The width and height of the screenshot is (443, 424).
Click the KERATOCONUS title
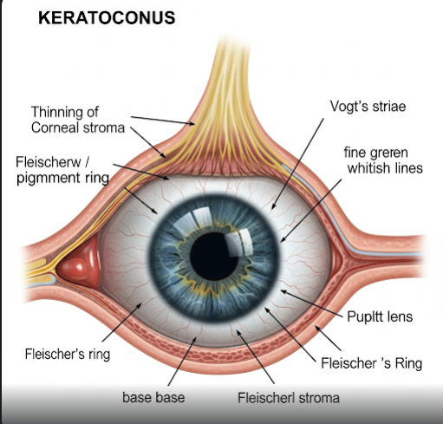107,17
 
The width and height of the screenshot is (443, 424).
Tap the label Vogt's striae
368,107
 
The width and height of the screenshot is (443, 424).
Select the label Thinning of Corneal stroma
78,120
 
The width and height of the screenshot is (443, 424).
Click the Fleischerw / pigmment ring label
62,170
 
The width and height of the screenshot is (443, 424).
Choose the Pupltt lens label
380,316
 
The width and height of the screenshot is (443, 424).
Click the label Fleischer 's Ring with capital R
372,362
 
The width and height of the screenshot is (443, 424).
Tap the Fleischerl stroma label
289,397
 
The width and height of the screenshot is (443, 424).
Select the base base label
153,397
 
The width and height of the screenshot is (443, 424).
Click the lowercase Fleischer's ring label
68,354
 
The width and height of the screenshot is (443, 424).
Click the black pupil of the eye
214,256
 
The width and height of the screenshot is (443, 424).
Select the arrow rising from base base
182,361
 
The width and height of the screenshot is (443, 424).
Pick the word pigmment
48,179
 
